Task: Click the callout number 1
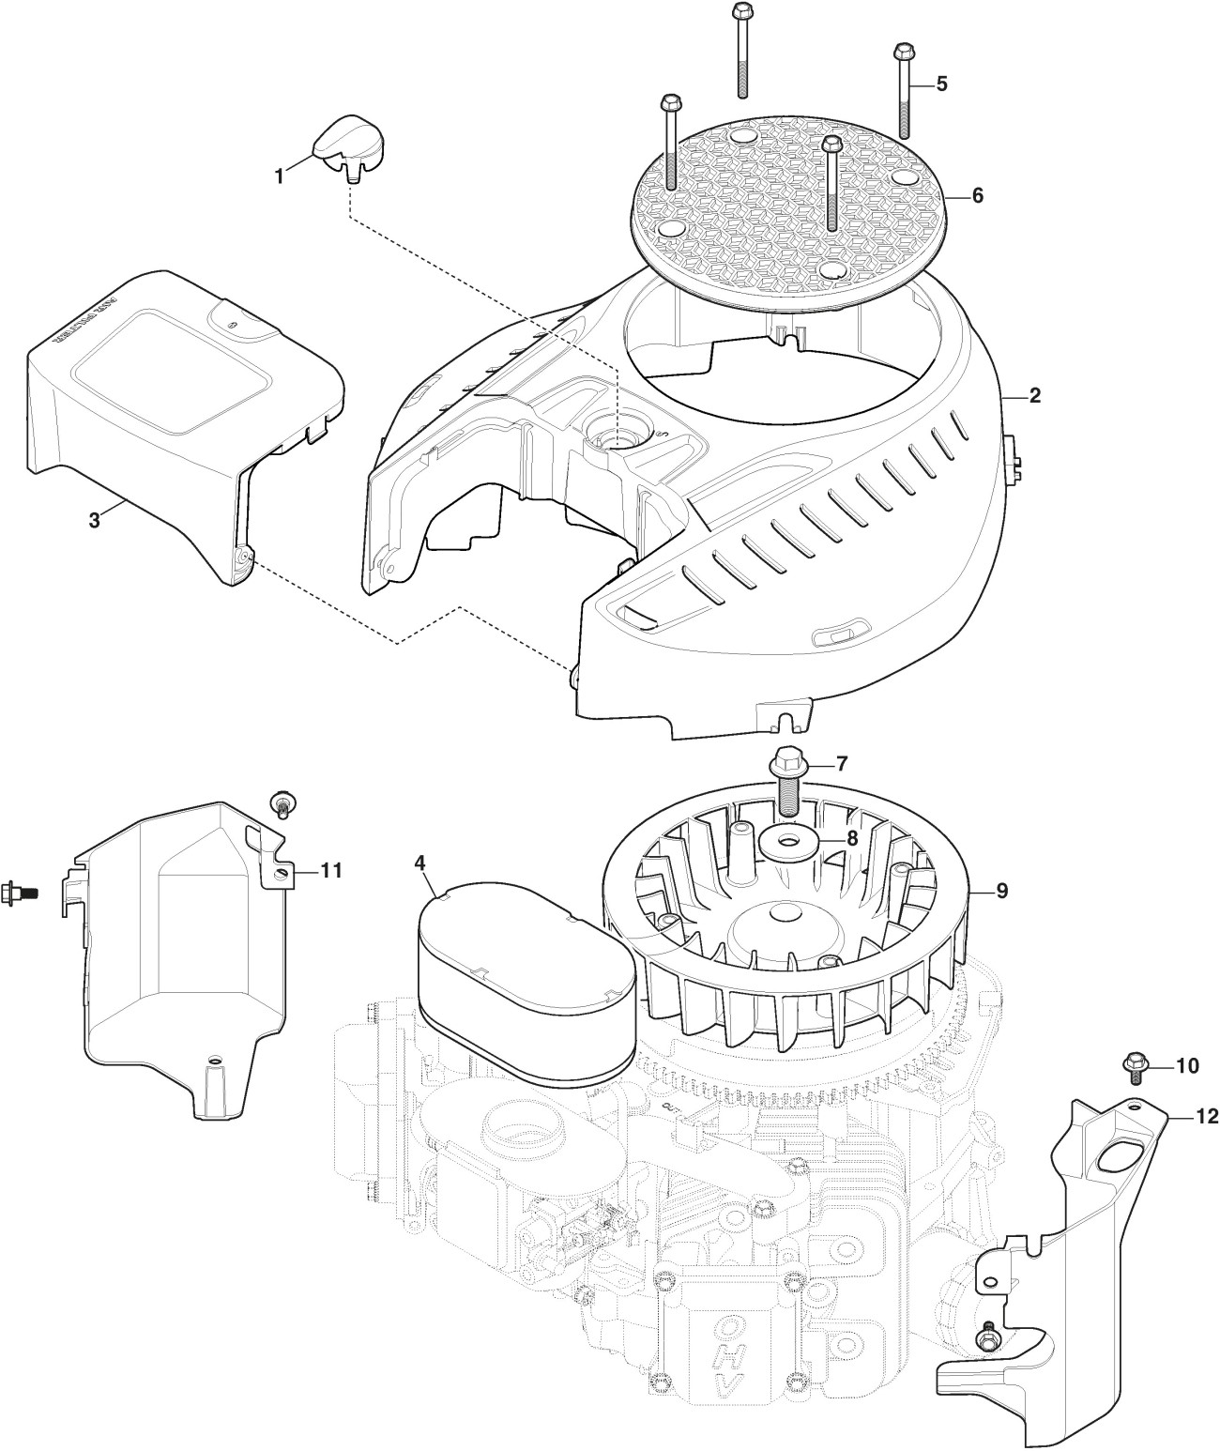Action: pyautogui.click(x=279, y=175)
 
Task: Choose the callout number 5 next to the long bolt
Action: pyautogui.click(x=941, y=84)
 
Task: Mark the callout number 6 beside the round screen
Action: pyautogui.click(x=977, y=196)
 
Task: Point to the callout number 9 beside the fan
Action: pyautogui.click(x=1002, y=891)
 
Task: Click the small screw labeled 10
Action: pyautogui.click(x=1135, y=1064)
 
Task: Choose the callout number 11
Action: pyautogui.click(x=329, y=870)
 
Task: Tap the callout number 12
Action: pyautogui.click(x=1206, y=1116)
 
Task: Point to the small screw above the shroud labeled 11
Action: pyautogui.click(x=280, y=802)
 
